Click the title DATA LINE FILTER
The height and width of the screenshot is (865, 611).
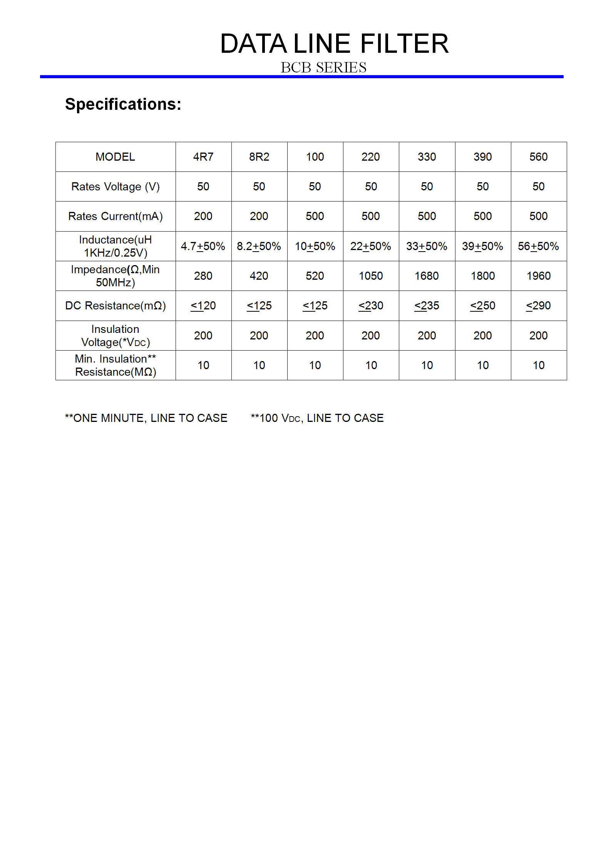point(334,44)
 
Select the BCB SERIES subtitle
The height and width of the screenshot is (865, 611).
point(323,67)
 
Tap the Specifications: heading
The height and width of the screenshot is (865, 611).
point(123,104)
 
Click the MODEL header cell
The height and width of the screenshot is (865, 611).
point(115,157)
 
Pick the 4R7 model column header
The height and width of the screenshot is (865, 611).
point(203,157)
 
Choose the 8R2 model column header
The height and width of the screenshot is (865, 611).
point(259,157)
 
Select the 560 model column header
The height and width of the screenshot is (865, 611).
point(538,157)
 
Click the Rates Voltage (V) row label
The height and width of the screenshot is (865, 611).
point(115,186)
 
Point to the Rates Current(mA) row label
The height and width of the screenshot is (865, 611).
point(115,216)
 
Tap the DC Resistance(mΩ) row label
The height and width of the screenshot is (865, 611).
point(115,306)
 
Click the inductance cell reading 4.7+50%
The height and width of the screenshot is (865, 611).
point(203,246)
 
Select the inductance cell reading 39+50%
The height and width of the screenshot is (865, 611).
point(482,246)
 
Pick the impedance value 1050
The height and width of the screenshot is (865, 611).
point(371,276)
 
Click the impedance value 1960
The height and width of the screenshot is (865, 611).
point(538,276)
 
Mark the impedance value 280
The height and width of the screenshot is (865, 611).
point(203,276)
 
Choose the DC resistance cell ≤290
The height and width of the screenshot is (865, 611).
point(538,306)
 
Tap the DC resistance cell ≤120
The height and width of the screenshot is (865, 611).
point(203,306)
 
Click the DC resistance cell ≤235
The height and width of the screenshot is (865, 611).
point(427,306)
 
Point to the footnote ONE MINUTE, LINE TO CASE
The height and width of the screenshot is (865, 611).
point(146,418)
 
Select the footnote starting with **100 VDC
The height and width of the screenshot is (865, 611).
point(317,418)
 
